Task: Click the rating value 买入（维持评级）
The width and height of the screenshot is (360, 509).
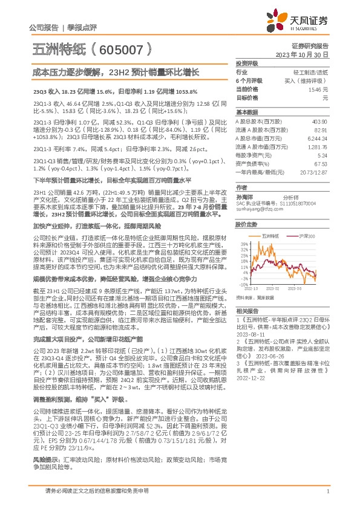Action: click(306, 80)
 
